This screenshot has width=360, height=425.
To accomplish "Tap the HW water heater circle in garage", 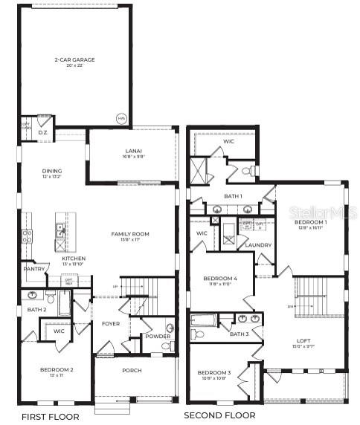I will point(121,118).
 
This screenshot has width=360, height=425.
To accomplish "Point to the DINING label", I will point(51,171).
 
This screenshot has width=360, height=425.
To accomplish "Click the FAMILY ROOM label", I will point(130,234).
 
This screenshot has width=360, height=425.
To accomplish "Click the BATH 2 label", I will point(37,309).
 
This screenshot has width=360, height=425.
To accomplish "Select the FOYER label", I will point(110,324).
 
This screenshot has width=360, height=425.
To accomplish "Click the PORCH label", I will point(132,370).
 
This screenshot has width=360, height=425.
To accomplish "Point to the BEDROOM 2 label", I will point(57,369).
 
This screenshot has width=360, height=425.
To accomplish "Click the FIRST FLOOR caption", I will point(49,416).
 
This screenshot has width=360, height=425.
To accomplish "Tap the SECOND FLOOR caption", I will point(219,415).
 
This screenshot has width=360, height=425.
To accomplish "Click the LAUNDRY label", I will point(257,245).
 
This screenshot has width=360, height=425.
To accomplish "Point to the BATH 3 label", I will point(239,334).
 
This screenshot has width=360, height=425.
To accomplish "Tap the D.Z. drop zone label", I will point(42,132).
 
